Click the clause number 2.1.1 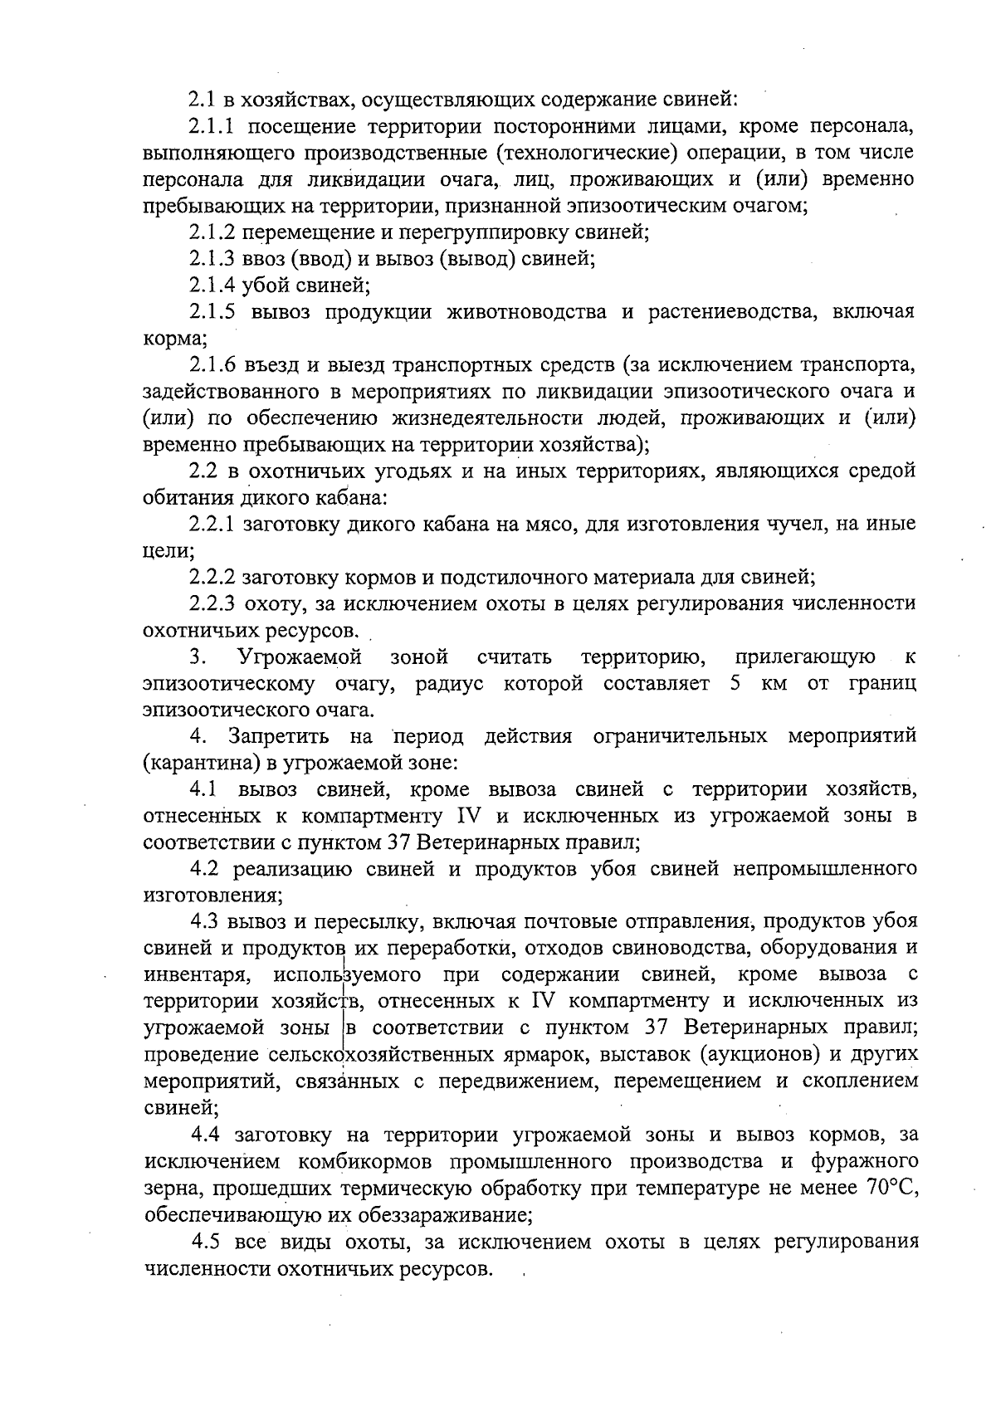214,127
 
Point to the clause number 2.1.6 214,366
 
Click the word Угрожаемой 300,658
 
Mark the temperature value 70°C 892,1188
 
